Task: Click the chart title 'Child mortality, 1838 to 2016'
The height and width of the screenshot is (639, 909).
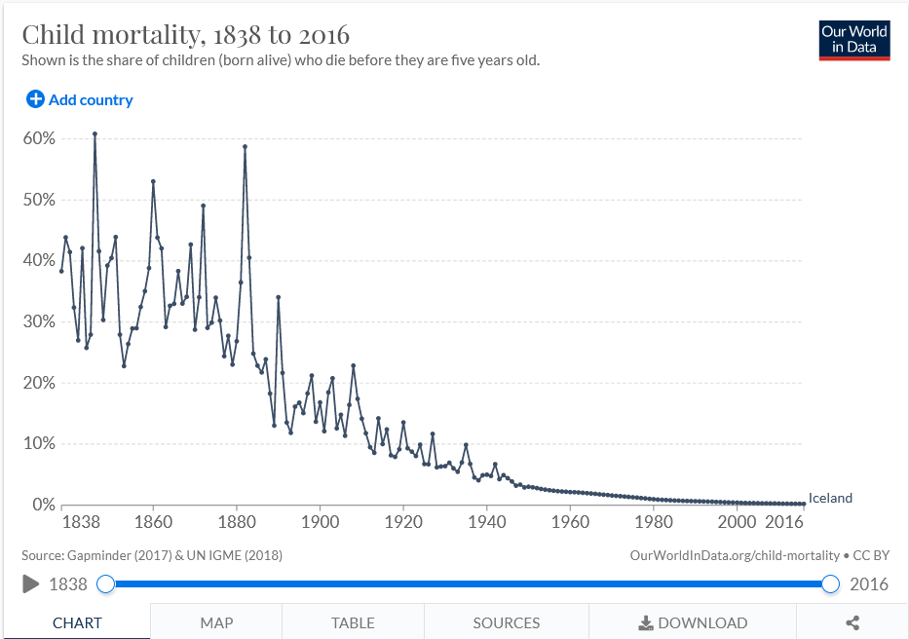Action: click(x=186, y=35)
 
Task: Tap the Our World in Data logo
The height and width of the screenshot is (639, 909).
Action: click(x=854, y=40)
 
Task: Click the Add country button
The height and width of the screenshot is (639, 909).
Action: click(x=80, y=99)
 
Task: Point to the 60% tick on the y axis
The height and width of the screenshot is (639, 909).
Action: click(x=39, y=138)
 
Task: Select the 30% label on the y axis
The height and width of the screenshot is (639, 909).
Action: click(x=39, y=321)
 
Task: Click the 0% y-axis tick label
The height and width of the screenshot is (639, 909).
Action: click(x=43, y=505)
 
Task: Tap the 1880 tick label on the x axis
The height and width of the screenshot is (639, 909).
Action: click(x=237, y=522)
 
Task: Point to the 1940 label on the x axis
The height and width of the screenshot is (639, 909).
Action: click(x=487, y=522)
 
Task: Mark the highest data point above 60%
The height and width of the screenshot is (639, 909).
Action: click(x=95, y=133)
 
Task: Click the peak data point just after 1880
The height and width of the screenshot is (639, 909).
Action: click(x=245, y=146)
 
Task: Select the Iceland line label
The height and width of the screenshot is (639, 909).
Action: click(x=830, y=498)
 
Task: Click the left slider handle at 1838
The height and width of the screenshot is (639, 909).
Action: click(x=106, y=584)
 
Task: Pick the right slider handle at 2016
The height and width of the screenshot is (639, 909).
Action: click(x=830, y=584)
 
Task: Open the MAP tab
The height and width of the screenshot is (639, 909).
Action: click(x=216, y=622)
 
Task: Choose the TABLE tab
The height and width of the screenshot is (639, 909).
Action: click(x=353, y=622)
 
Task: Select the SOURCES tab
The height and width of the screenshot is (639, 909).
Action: click(x=507, y=622)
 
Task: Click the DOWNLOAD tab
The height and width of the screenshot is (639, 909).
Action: click(x=693, y=622)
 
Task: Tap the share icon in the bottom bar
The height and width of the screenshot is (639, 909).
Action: click(x=852, y=622)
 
